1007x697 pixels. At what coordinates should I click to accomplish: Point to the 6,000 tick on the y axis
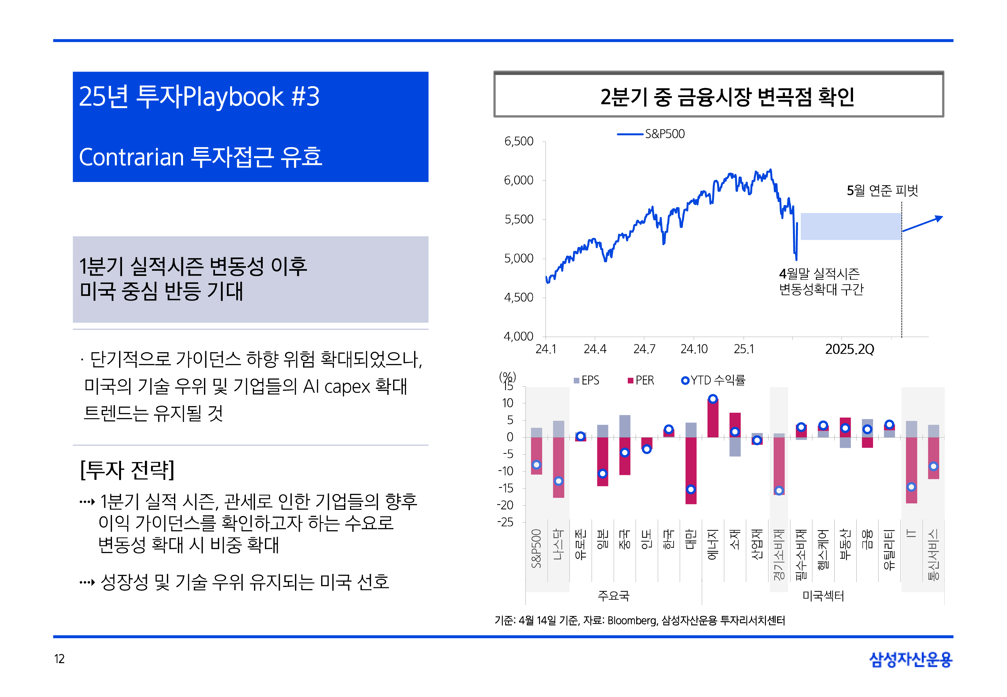tap(518, 180)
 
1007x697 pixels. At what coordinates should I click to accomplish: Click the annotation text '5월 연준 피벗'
tap(882, 190)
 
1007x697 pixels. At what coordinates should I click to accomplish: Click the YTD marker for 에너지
tap(713, 399)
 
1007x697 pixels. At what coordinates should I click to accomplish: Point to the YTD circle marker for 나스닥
tap(558, 481)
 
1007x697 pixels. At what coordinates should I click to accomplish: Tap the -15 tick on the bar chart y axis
tap(506, 488)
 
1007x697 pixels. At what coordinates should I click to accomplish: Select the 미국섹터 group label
tap(823, 596)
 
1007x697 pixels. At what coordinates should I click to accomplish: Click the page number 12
tap(59, 659)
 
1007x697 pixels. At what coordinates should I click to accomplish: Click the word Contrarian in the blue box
tap(131, 157)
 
